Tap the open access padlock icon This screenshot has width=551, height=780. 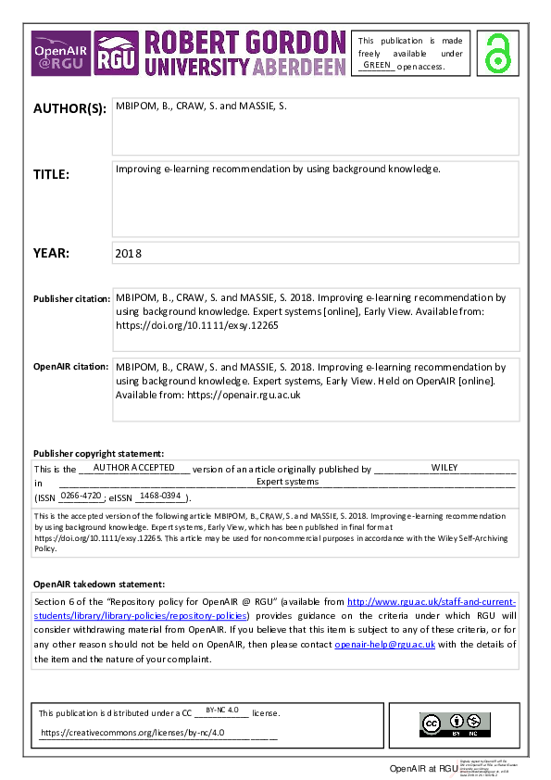coord(500,53)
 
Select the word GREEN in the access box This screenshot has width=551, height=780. coord(377,65)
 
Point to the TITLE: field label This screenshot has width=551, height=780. coord(52,173)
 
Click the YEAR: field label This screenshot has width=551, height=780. coord(50,253)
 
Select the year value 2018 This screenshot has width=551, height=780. coord(129,253)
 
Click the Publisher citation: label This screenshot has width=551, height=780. coord(70,299)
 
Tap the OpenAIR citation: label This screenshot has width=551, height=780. coord(70,367)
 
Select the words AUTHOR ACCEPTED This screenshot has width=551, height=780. coord(133,468)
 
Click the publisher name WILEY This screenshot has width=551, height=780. coord(445,468)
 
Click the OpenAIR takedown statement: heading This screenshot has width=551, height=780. coord(99,585)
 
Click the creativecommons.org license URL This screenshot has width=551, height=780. coord(131,732)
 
